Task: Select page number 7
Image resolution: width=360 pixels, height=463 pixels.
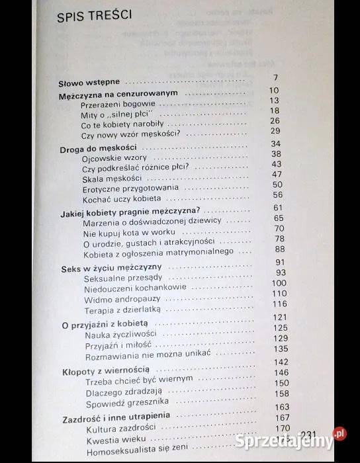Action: (x=275, y=78)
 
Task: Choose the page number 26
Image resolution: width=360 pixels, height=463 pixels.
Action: (x=275, y=120)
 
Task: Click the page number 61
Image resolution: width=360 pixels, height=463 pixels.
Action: (x=277, y=207)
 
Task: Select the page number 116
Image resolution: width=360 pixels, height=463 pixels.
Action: (x=280, y=304)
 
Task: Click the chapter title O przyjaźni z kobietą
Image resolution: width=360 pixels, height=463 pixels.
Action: (x=107, y=326)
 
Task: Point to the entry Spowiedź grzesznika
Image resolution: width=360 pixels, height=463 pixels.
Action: (x=117, y=402)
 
